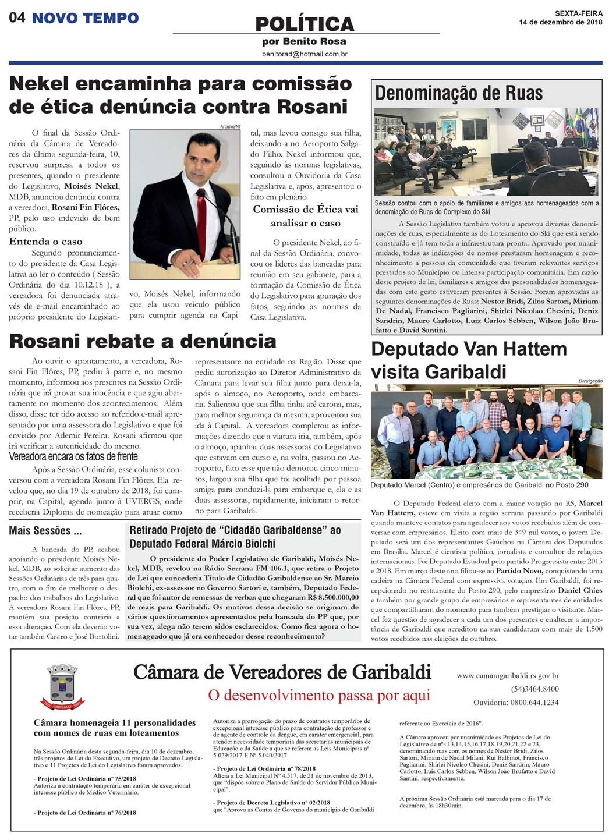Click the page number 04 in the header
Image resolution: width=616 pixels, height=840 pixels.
point(17,17)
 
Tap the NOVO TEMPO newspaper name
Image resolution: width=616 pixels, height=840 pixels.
point(85,18)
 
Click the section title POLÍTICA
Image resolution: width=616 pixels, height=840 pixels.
point(305,24)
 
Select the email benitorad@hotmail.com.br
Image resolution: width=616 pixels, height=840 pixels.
point(305,54)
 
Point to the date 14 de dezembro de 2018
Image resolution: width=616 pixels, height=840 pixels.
point(561,23)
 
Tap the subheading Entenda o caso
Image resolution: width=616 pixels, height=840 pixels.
point(46,242)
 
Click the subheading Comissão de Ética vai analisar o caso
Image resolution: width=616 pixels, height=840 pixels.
point(306,216)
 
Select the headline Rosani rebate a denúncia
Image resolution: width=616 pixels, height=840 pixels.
point(143,341)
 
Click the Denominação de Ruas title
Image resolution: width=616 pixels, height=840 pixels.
point(459,93)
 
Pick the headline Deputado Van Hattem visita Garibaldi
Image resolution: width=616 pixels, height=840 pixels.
point(469,360)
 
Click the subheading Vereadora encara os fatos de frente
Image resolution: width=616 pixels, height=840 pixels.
point(73,456)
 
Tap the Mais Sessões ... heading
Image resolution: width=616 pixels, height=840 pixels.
point(45,531)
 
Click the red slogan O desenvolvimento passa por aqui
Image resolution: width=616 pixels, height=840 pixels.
point(319,695)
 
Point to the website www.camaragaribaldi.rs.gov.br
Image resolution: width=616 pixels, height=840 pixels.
point(508,676)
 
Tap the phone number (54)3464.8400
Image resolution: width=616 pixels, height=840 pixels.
point(535,689)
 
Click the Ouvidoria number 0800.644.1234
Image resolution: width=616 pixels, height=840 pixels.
point(534,702)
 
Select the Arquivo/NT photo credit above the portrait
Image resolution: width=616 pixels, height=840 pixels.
point(231,126)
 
